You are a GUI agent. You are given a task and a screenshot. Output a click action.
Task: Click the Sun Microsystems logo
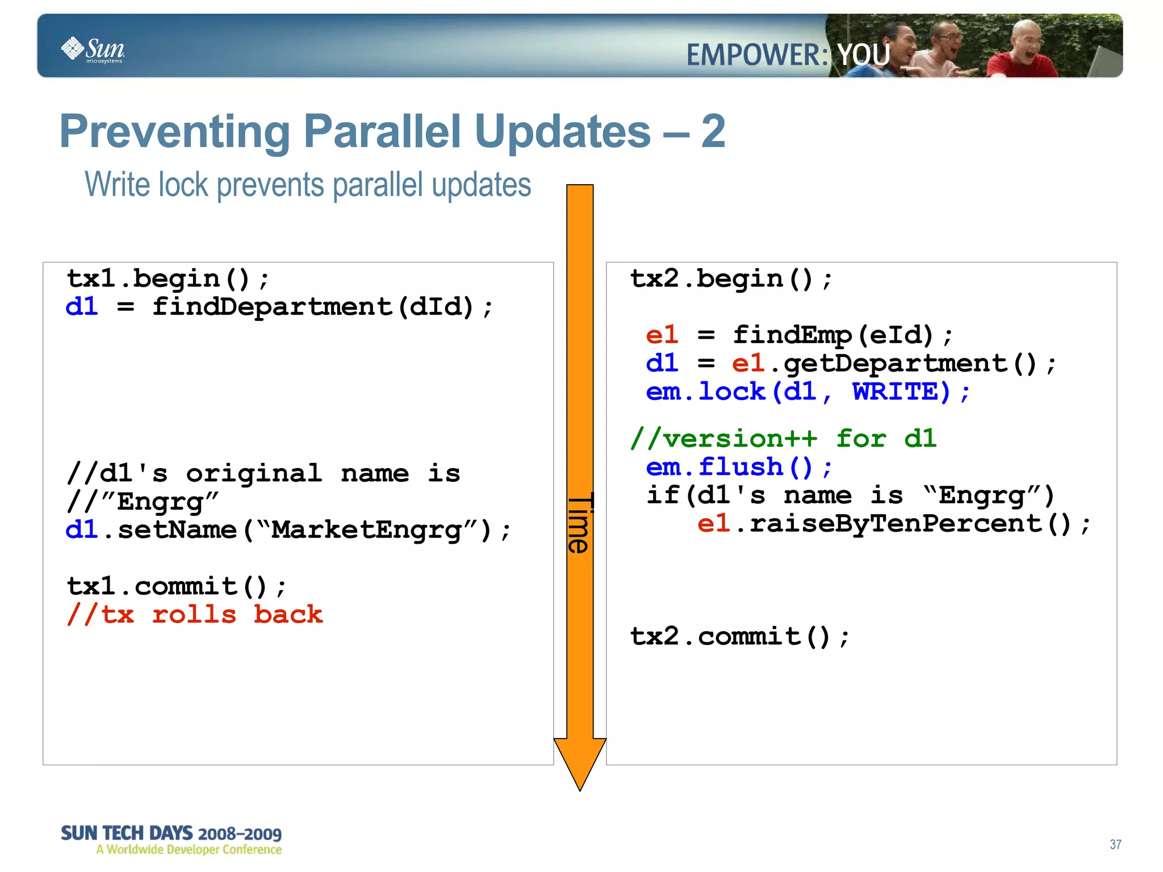[x=93, y=49]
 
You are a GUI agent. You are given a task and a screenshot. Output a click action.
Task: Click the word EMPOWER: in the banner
[x=757, y=56]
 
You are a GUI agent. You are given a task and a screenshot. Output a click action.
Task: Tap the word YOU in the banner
[x=863, y=56]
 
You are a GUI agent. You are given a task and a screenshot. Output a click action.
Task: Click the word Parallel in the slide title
[x=382, y=132]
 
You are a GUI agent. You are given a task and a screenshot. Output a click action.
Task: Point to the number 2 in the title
[x=713, y=132]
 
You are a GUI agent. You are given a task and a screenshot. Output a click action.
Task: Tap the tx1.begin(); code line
[x=168, y=279]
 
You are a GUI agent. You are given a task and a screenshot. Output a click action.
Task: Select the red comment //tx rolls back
[x=194, y=615]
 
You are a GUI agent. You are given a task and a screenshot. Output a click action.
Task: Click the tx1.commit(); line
[x=176, y=586]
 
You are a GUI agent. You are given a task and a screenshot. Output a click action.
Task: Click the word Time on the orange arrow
[x=580, y=523]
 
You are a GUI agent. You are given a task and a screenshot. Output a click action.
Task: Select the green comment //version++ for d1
[x=784, y=439]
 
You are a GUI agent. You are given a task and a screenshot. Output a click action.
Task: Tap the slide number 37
[x=1115, y=844]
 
